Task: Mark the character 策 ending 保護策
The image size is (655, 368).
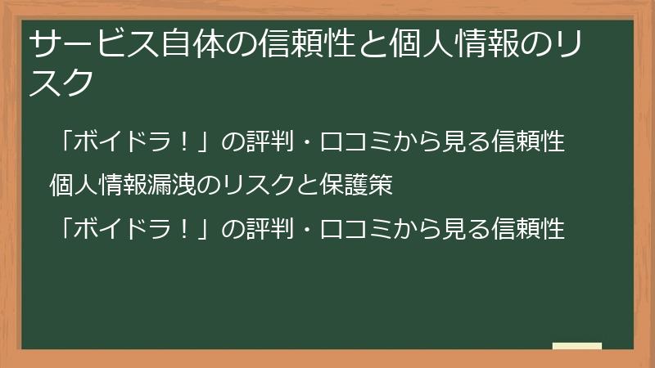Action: click(x=382, y=186)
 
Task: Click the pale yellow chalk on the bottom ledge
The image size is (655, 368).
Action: click(x=576, y=346)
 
